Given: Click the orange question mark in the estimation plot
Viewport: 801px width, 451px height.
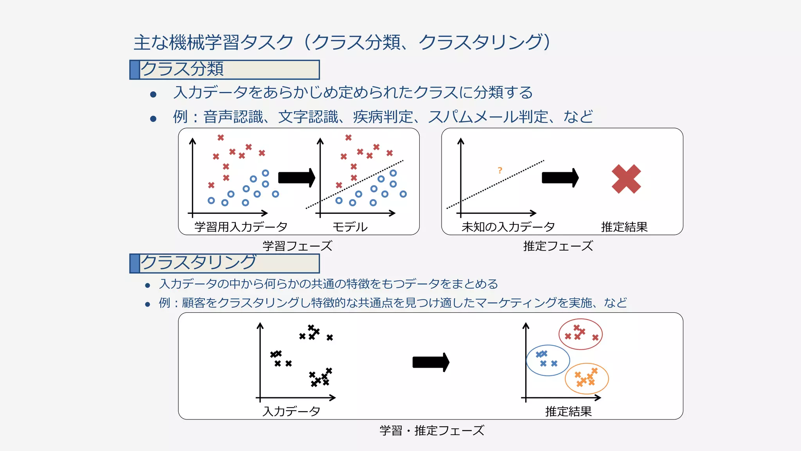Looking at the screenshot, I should coord(500,170).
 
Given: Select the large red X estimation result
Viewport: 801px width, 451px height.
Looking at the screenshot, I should coord(626,179).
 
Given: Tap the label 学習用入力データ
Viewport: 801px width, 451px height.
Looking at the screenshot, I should coord(241,227).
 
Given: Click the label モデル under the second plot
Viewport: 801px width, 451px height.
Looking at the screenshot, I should coord(350,227).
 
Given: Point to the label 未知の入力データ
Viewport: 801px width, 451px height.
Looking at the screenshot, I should coord(508,227).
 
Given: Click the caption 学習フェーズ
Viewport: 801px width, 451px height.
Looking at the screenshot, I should coord(297,246).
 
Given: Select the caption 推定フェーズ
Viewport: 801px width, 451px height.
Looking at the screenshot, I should coord(558,246).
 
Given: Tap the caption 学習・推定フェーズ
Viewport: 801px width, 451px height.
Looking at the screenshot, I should coord(432,430).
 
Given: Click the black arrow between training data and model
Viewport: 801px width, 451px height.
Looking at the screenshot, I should coord(296,178).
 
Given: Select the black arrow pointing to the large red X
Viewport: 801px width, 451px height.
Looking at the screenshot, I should coord(560,178).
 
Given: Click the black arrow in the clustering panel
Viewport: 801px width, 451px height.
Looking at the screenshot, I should coord(431,362).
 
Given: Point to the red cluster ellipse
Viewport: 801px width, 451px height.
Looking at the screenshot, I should coord(581,321).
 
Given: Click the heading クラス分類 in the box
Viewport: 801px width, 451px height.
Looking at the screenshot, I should coord(182,69).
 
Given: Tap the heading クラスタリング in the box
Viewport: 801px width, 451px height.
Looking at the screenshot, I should coord(198,263).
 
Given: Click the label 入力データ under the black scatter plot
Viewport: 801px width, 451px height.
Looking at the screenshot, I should coord(292,411).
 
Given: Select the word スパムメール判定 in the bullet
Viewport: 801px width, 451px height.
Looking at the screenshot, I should coord(488,117).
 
